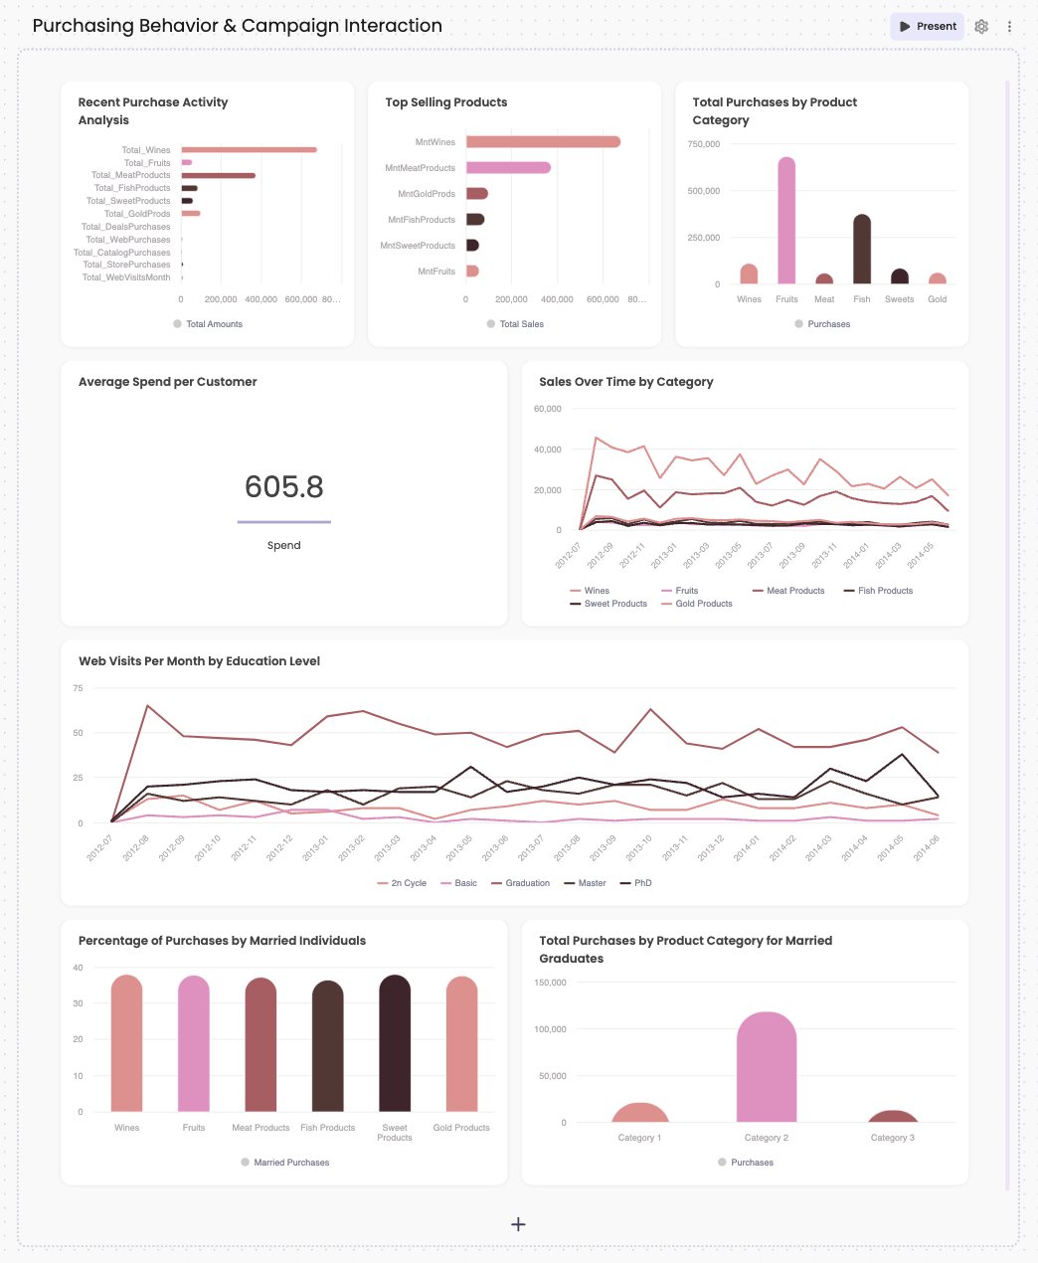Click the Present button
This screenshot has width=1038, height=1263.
pyautogui.click(x=927, y=27)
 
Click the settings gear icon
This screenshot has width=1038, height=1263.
pyautogui.click(x=981, y=27)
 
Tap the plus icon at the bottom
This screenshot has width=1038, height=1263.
pyautogui.click(x=518, y=1224)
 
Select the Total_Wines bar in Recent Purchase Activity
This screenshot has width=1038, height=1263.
pyautogui.click(x=249, y=150)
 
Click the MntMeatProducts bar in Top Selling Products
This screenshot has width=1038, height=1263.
pyautogui.click(x=508, y=168)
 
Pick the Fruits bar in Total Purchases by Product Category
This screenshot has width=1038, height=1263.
pyautogui.click(x=786, y=221)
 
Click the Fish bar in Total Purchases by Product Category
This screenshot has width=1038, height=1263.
pyautogui.click(x=862, y=250)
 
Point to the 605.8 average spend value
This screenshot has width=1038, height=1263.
pyautogui.click(x=284, y=487)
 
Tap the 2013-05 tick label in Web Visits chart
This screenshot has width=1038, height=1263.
pyautogui.click(x=459, y=848)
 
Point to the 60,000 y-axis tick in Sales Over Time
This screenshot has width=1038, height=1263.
pyautogui.click(x=548, y=409)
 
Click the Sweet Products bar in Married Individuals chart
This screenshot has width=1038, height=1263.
pyautogui.click(x=395, y=1044)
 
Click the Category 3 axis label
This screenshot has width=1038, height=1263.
pyautogui.click(x=892, y=1138)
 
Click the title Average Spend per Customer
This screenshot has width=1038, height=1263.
pyautogui.click(x=168, y=382)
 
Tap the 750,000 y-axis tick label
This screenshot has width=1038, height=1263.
pyautogui.click(x=704, y=144)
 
